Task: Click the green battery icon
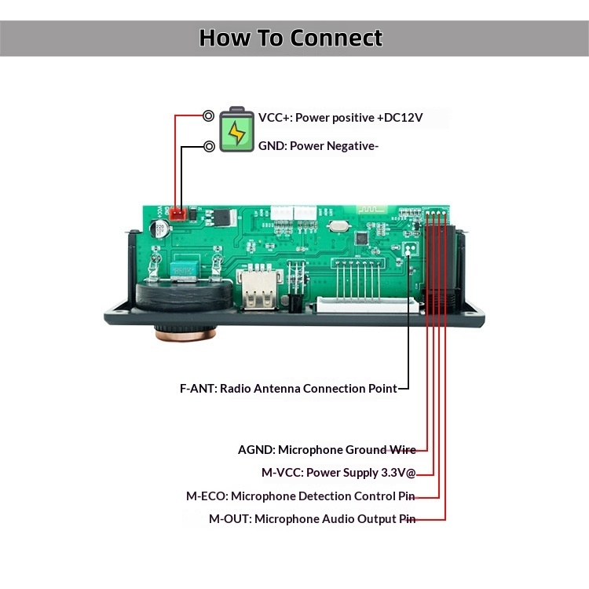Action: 236,130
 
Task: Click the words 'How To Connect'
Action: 291,38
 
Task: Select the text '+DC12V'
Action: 400,118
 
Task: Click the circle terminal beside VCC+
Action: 208,116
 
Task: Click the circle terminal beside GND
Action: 209,146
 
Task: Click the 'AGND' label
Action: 256,450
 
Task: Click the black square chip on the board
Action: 362,238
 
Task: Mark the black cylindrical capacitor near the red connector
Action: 160,229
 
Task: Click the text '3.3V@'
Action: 397,473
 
